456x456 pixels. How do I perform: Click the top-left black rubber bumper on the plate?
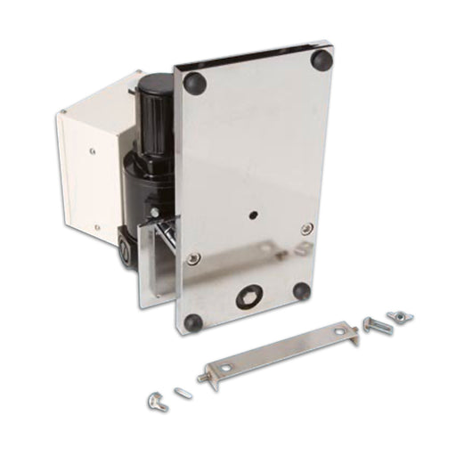click(x=195, y=83)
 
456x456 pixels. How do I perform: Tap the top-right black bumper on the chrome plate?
click(x=321, y=61)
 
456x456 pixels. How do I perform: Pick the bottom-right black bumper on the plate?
click(x=302, y=290)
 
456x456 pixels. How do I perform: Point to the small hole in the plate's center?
click(x=254, y=215)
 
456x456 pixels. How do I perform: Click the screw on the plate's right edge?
click(x=307, y=229)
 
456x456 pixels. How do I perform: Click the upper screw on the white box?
click(x=92, y=151)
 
